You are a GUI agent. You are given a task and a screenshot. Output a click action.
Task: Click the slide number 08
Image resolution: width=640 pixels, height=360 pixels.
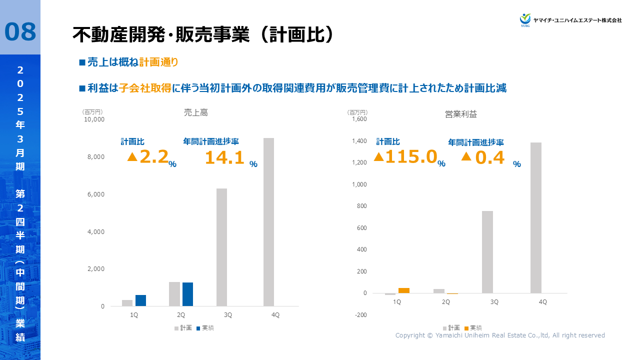click(20, 31)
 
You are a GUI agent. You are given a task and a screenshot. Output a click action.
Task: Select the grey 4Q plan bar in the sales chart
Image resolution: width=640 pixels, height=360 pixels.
click(268, 222)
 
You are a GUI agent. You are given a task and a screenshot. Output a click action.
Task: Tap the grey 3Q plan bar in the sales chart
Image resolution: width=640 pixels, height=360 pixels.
click(221, 247)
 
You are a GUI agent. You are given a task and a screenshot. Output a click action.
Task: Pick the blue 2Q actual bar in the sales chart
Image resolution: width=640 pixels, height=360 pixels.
click(187, 294)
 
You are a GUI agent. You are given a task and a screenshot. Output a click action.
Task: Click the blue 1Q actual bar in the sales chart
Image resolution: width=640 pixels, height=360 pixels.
click(140, 300)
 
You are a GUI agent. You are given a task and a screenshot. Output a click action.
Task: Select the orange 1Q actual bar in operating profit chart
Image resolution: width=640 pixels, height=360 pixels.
click(404, 290)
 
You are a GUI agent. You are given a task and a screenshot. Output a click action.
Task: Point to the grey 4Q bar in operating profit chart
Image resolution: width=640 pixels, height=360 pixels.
click(536, 217)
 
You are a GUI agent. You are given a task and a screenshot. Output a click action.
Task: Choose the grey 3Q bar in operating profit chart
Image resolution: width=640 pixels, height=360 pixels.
click(487, 252)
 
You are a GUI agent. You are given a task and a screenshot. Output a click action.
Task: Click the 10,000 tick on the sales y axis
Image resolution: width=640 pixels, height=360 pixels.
click(94, 119)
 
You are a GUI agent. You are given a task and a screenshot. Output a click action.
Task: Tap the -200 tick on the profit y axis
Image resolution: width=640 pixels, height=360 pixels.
click(360, 315)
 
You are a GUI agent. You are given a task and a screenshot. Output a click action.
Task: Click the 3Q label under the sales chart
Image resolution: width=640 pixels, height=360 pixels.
click(227, 315)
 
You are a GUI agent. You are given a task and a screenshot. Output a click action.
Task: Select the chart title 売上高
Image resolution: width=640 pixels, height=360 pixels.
click(196, 113)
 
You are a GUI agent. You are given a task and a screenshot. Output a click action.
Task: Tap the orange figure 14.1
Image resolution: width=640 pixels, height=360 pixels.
click(224, 158)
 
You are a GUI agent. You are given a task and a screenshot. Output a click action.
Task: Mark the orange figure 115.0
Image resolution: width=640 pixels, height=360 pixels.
click(411, 157)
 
